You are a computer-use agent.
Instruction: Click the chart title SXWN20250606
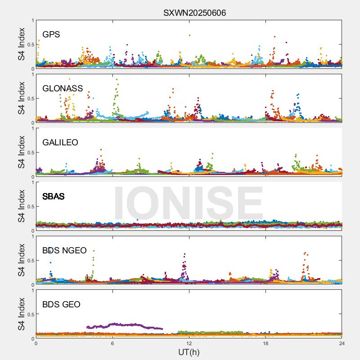pos(194,13)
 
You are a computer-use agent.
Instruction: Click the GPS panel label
pos(51,35)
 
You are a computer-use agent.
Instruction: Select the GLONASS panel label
pos(63,89)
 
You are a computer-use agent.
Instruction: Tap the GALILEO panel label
pos(60,143)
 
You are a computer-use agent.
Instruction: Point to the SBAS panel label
pos(54,197)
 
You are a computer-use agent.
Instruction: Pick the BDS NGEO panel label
pos(64,251)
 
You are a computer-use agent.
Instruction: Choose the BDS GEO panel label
pos(61,305)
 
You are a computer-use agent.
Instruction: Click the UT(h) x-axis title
pos(189,352)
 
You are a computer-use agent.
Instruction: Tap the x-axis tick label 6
pos(112,343)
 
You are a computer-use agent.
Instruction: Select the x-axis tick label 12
pos(189,343)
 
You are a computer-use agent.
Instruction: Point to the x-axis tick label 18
pos(265,343)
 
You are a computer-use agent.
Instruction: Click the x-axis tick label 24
pos(342,343)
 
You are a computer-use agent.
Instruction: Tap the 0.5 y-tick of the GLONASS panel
pos(30,99)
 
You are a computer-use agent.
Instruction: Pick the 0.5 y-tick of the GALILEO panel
pos(30,153)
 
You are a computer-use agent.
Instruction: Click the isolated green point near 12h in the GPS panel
pos(190,35)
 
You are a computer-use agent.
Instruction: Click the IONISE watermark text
pos(189,202)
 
